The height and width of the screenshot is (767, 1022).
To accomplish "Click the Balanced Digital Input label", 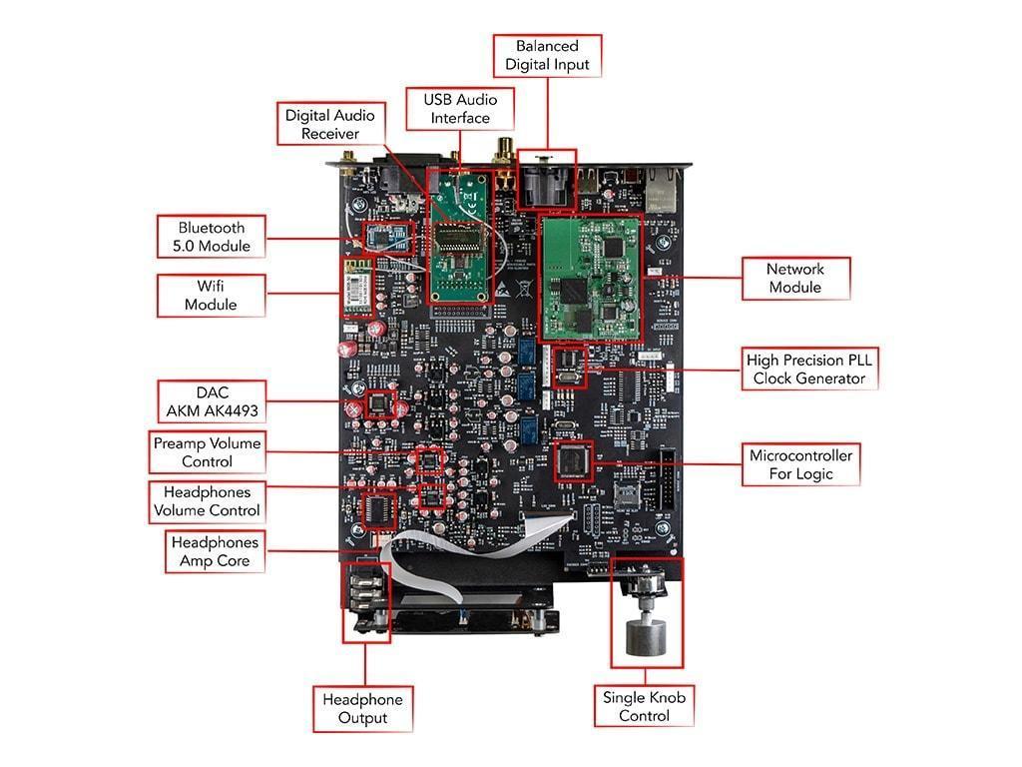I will click(x=546, y=56).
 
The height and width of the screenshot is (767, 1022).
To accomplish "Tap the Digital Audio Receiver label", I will click(x=329, y=125).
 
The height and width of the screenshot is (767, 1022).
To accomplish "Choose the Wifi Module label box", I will click(x=210, y=296).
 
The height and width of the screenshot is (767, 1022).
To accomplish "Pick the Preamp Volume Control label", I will click(x=208, y=452).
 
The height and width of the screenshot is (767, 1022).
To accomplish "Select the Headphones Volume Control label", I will click(x=208, y=501).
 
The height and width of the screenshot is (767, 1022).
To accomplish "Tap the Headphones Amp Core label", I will click(x=215, y=551).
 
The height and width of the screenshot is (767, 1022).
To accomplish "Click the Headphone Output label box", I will click(x=362, y=708).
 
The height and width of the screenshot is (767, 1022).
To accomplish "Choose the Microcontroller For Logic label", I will click(x=800, y=464).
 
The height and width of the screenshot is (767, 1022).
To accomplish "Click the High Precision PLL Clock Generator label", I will click(x=809, y=369).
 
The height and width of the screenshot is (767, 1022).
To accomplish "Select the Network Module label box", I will click(x=794, y=279).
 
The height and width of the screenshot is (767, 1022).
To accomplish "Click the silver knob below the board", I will click(x=645, y=637).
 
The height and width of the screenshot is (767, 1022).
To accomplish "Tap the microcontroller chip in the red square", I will click(x=573, y=460).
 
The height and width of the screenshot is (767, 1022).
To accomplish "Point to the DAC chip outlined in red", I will click(x=380, y=403).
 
